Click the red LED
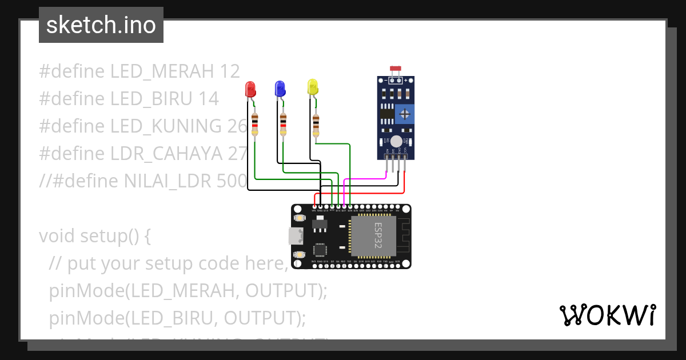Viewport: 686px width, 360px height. [x=250, y=89]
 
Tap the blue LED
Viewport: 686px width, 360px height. [x=280, y=88]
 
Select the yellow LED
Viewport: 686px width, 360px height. [x=312, y=87]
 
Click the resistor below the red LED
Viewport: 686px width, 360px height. [x=254, y=124]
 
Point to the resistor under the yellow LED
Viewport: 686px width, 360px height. [x=316, y=125]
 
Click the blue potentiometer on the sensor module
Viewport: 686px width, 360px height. [x=405, y=114]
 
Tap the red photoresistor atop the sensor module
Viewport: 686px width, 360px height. [x=395, y=69]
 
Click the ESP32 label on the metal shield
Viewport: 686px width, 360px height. [x=377, y=234]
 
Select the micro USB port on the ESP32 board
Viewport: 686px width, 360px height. [x=295, y=235]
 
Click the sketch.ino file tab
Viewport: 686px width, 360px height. [x=101, y=25]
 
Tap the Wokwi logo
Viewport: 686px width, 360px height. [x=607, y=315]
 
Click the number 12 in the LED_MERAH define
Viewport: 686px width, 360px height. [x=229, y=71]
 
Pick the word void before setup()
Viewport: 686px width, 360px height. [x=57, y=236]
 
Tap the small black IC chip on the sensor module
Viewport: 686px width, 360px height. [x=387, y=114]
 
